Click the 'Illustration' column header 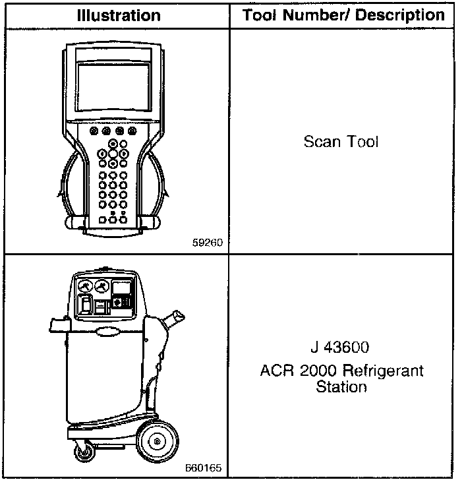(x=118, y=15)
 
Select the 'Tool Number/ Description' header (x=343, y=15)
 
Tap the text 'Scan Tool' (x=341, y=142)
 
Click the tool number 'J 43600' (x=341, y=348)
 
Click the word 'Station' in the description (x=341, y=386)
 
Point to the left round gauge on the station (x=84, y=287)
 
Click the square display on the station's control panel (x=122, y=287)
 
